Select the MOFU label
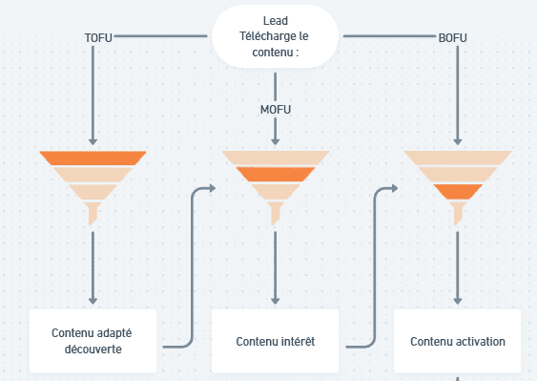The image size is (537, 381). click(x=275, y=109)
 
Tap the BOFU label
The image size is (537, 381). click(x=454, y=37)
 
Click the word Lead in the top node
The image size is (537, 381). click(x=276, y=21)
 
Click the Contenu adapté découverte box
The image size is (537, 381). click(x=93, y=341)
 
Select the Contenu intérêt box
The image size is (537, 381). click(x=275, y=341)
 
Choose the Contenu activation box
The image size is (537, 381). click(x=458, y=341)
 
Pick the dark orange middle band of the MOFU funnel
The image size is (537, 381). click(x=275, y=174)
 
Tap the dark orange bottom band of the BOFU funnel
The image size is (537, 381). click(x=458, y=191)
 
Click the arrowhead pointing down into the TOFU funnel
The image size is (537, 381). click(x=93, y=140)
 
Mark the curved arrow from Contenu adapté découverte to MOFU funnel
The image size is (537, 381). click(x=192, y=267)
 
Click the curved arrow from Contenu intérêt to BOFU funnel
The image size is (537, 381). click(x=374, y=267)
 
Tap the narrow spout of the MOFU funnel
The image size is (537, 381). click(x=275, y=218)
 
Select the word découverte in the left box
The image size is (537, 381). click(x=93, y=349)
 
